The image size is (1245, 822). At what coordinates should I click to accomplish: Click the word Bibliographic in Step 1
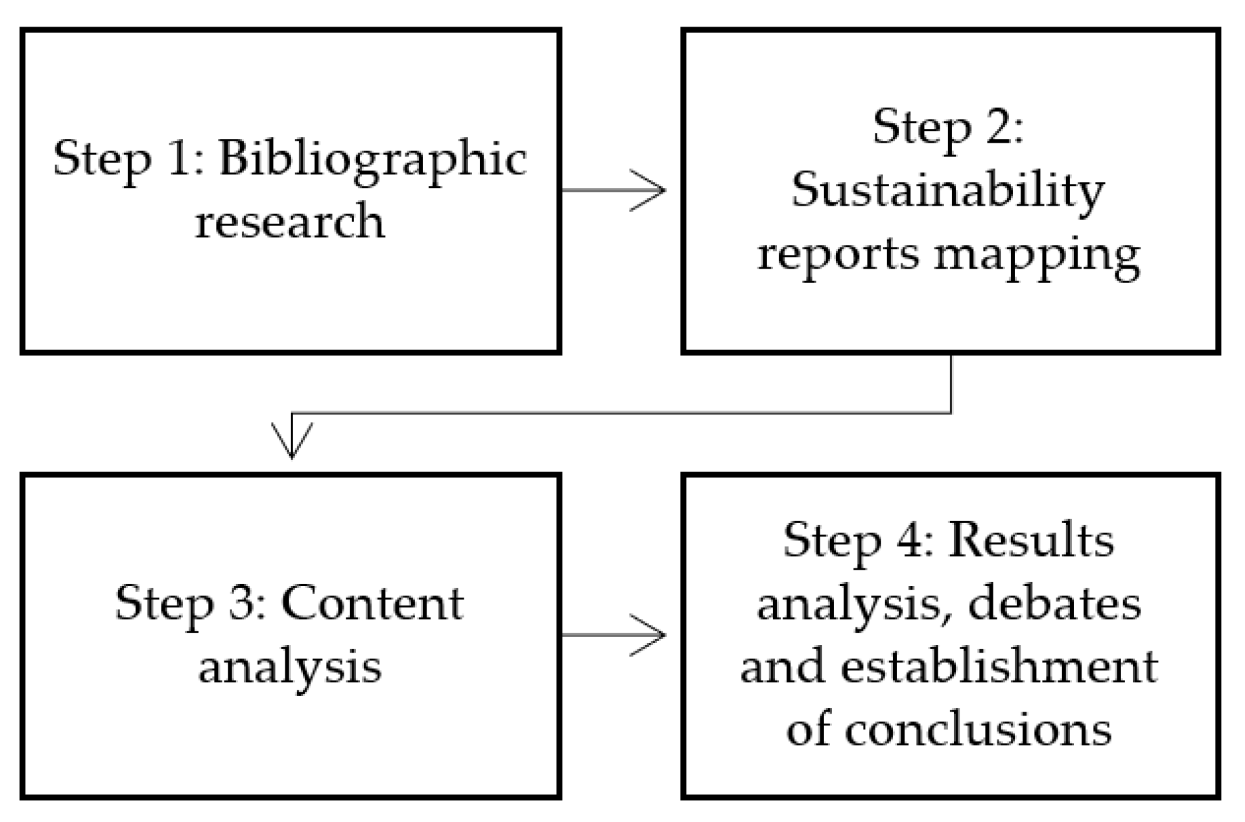tap(372, 160)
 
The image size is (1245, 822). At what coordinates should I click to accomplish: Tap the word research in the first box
tap(290, 223)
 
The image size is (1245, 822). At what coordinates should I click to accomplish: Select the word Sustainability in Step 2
tap(947, 191)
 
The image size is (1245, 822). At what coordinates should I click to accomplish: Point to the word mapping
tap(1037, 255)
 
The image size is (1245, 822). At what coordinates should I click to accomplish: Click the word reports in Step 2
tap(838, 255)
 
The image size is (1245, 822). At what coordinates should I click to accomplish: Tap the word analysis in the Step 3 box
tap(290, 667)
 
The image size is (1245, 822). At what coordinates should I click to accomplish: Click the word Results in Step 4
tap(1031, 540)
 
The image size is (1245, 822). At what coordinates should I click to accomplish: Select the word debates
tap(1054, 604)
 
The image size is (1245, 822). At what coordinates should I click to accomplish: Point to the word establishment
tap(999, 667)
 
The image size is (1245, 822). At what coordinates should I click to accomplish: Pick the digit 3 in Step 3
tap(244, 603)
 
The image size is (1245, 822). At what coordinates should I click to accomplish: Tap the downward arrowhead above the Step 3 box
tap(292, 444)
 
